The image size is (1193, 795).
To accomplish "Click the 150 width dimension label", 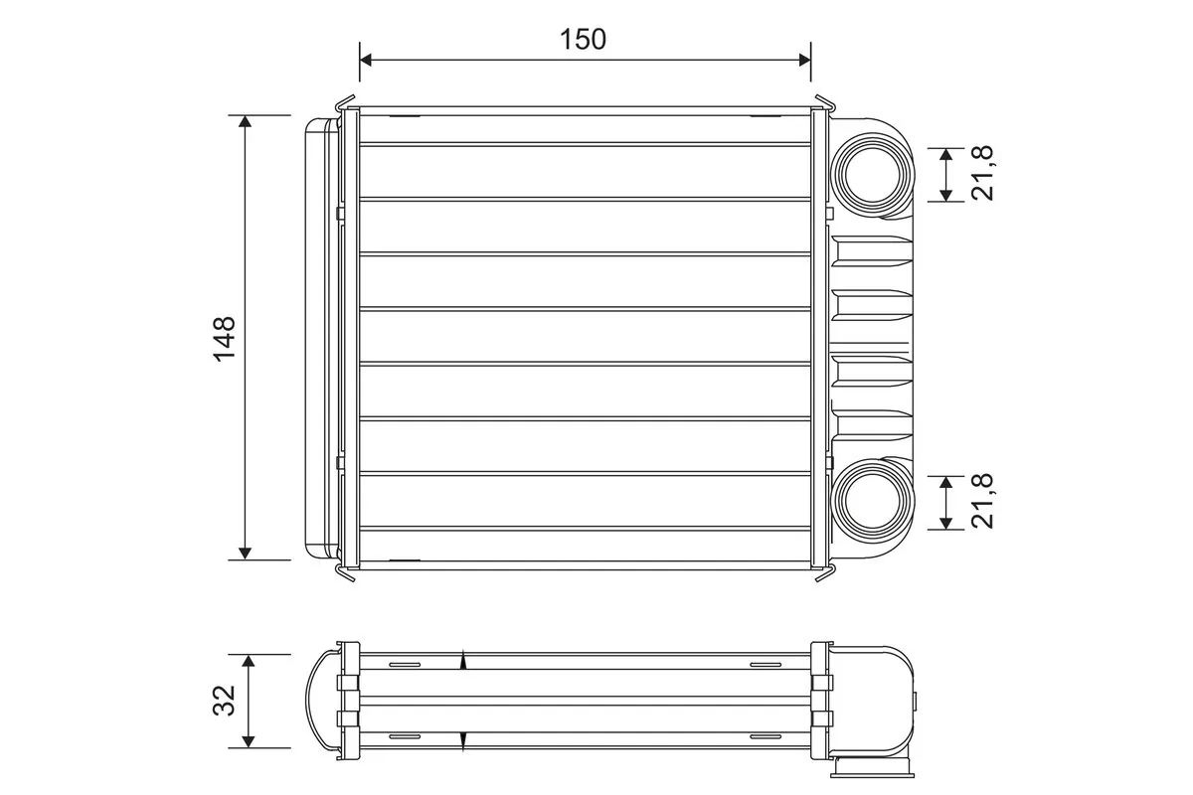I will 583,39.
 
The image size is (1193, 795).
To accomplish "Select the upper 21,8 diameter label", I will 983,174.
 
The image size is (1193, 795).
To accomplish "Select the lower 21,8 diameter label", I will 983,502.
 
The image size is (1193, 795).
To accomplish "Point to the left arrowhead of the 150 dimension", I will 366,61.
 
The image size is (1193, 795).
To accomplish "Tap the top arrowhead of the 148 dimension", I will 245,121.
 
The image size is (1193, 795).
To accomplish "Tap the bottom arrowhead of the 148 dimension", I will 245,553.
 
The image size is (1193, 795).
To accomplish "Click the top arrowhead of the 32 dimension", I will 249,661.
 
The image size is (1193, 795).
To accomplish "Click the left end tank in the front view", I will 320,338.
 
